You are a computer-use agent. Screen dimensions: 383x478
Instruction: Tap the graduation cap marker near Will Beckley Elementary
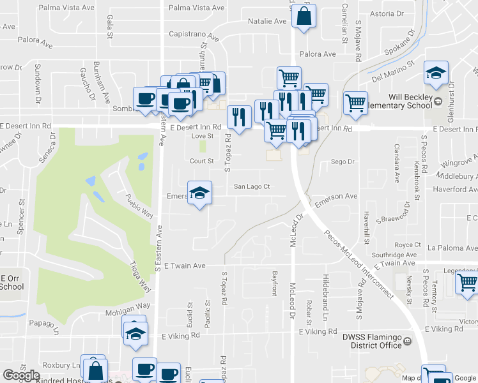point(436,74)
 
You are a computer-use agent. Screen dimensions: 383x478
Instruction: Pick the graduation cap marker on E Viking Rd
point(135,334)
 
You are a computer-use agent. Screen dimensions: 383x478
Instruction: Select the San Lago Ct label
point(252,186)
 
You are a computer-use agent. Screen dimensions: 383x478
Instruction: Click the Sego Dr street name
point(343,162)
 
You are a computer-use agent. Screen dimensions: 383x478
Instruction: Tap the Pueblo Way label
point(139,206)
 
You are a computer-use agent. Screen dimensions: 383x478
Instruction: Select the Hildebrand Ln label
point(325,306)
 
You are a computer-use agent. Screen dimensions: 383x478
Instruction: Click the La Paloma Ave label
point(452,248)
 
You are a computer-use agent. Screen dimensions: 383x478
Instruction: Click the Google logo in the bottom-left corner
point(21,376)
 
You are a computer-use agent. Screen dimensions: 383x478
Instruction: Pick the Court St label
point(201,161)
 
